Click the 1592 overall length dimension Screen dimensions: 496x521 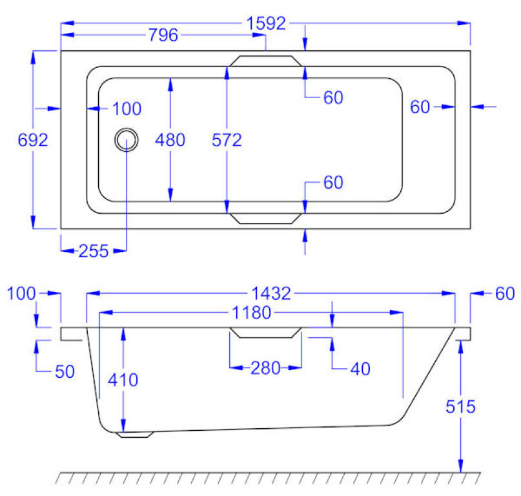265,23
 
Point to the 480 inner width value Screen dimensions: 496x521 170,139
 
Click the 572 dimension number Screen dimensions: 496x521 227,139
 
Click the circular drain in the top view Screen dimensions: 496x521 127,139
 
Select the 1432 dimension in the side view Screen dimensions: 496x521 271,294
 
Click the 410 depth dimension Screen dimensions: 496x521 123,380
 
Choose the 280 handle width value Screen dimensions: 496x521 265,368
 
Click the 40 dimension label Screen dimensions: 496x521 360,368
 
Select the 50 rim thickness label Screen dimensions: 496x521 65,371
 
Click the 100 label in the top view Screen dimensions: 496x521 127,108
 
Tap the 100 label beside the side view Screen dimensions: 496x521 21,294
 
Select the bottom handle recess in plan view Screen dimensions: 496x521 265,218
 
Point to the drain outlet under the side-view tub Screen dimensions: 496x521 134,435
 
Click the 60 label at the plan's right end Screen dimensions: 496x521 420,107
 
